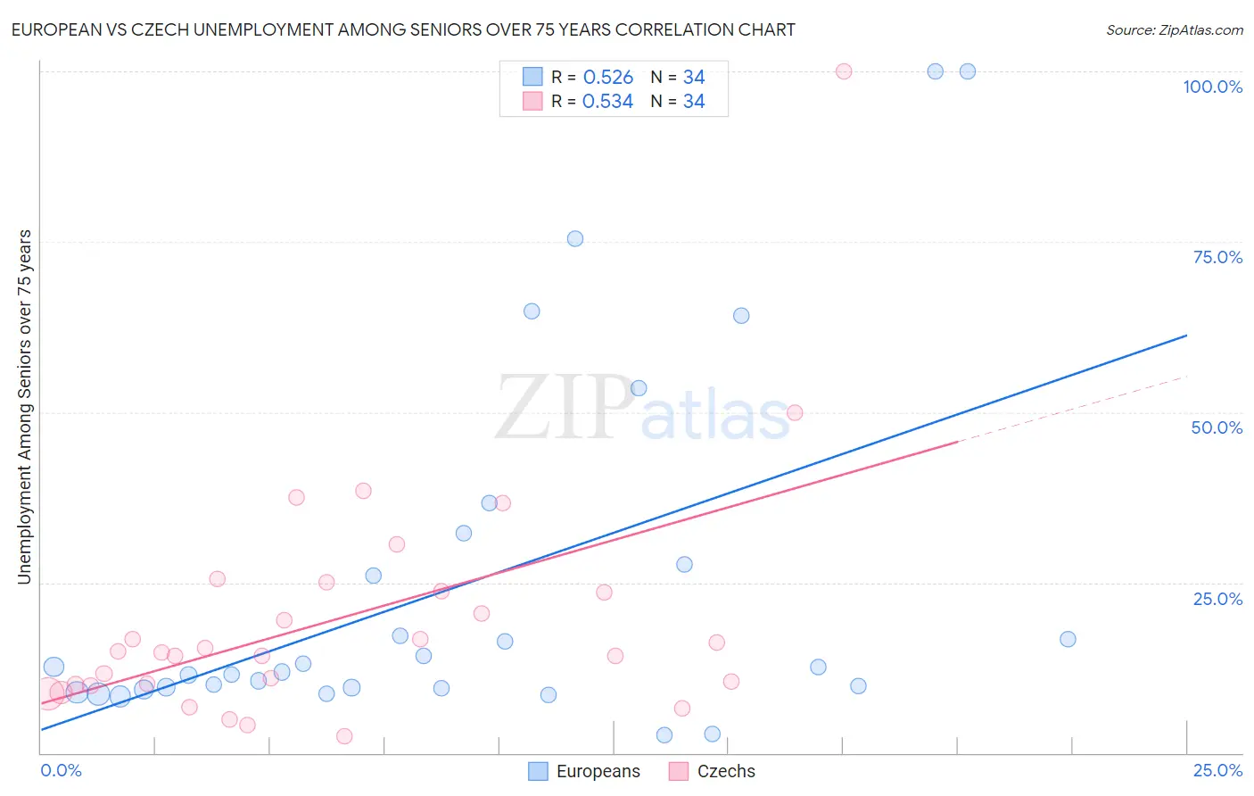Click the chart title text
coord(403,29)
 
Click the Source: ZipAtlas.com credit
coord(1174,29)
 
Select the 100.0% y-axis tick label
coord(1212,87)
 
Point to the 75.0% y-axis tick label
coord(1217,257)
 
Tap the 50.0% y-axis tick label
coord(1217,427)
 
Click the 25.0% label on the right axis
coord(1217,599)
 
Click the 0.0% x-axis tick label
coord(61,770)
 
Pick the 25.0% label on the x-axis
coord(1217,770)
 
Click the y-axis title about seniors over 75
coord(24,407)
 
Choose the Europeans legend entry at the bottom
coord(584,771)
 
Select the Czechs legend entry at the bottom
coord(713,771)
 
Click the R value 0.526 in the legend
coord(607,77)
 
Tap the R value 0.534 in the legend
coord(607,102)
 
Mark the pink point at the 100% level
coord(844,71)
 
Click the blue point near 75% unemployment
coord(575,238)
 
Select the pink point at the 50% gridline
coord(795,412)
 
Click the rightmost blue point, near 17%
coord(1068,639)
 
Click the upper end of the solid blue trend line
coord(1186,336)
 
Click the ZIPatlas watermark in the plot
coord(642,409)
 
